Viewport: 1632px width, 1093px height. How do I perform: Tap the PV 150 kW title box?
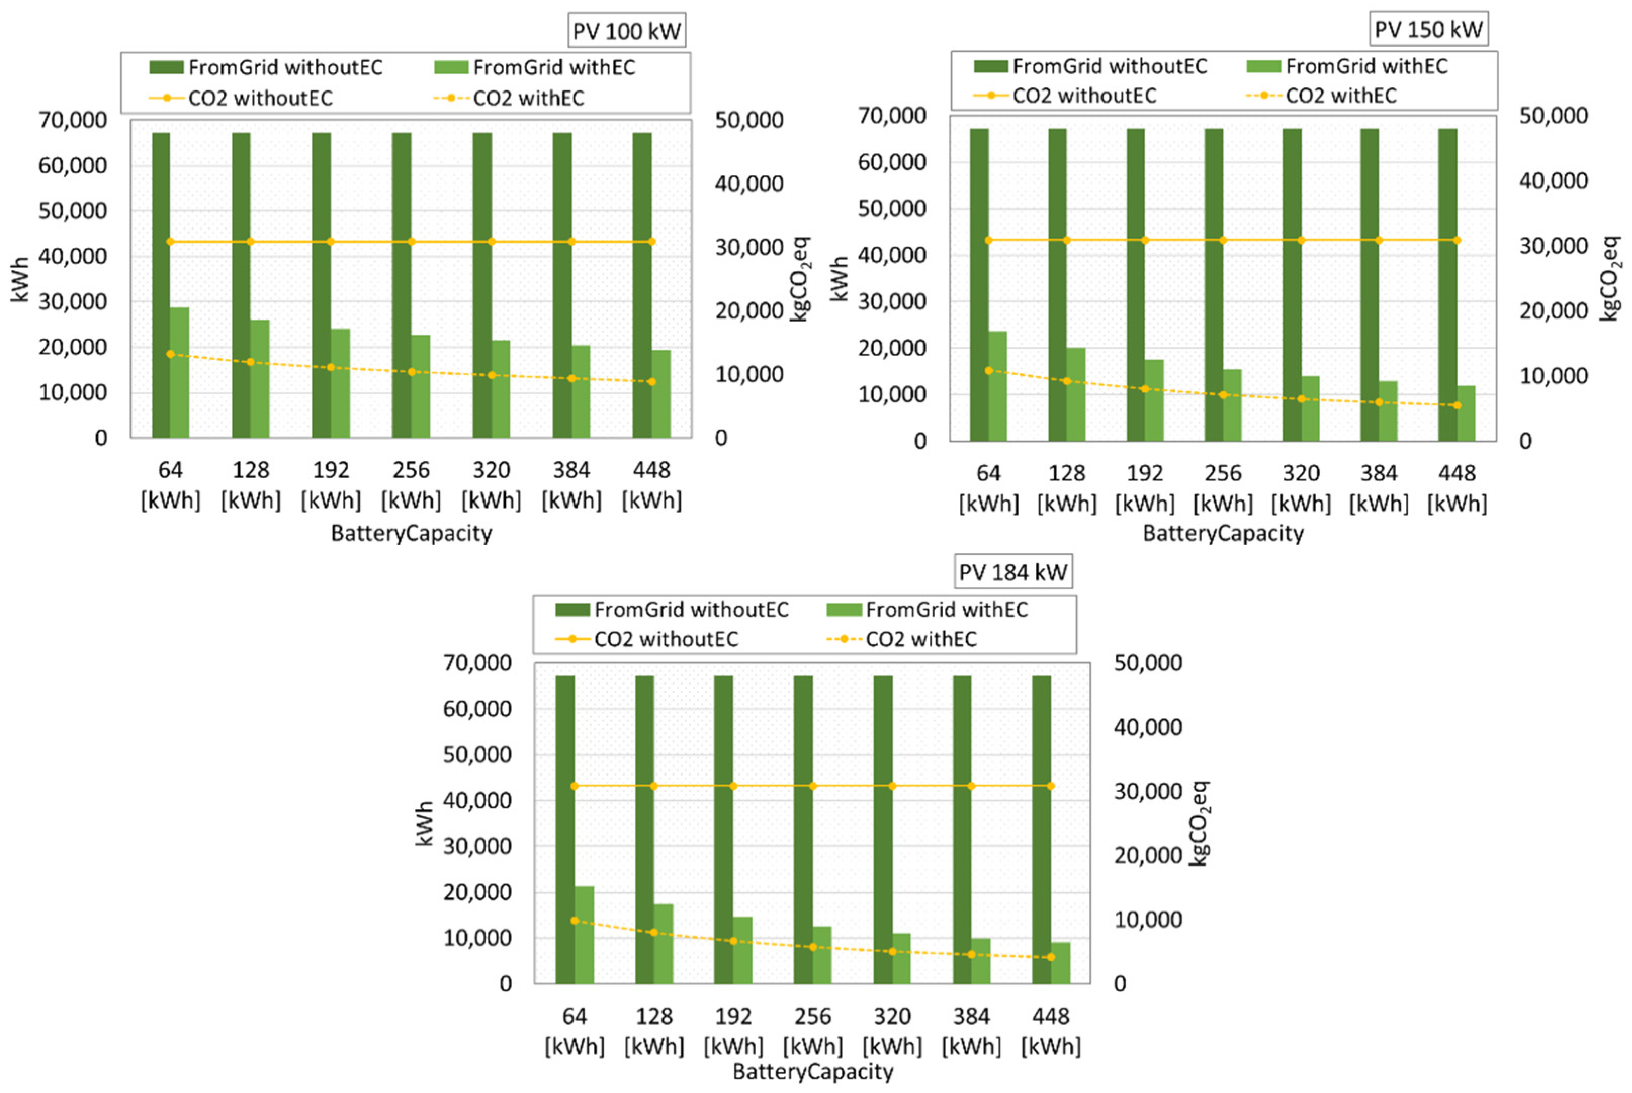click(x=1428, y=29)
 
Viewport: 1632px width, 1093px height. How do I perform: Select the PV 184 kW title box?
click(x=1013, y=572)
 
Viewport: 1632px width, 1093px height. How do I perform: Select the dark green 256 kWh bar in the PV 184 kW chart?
click(x=803, y=830)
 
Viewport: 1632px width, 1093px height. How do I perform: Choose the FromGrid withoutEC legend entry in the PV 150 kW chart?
click(x=1090, y=66)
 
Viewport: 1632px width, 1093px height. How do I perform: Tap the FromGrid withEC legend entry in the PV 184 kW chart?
click(x=927, y=610)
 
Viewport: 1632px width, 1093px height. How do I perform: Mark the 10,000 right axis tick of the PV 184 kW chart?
click(x=1148, y=920)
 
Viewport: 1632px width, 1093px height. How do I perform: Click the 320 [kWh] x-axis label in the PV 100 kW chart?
click(x=492, y=485)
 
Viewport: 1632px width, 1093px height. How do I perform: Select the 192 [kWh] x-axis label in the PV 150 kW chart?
click(x=1144, y=488)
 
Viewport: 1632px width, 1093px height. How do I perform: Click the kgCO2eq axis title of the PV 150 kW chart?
click(x=1611, y=278)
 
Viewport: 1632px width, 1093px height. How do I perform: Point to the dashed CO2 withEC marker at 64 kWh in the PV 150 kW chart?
click(x=989, y=370)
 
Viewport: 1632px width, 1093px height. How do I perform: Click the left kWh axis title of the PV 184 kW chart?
click(x=424, y=823)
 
